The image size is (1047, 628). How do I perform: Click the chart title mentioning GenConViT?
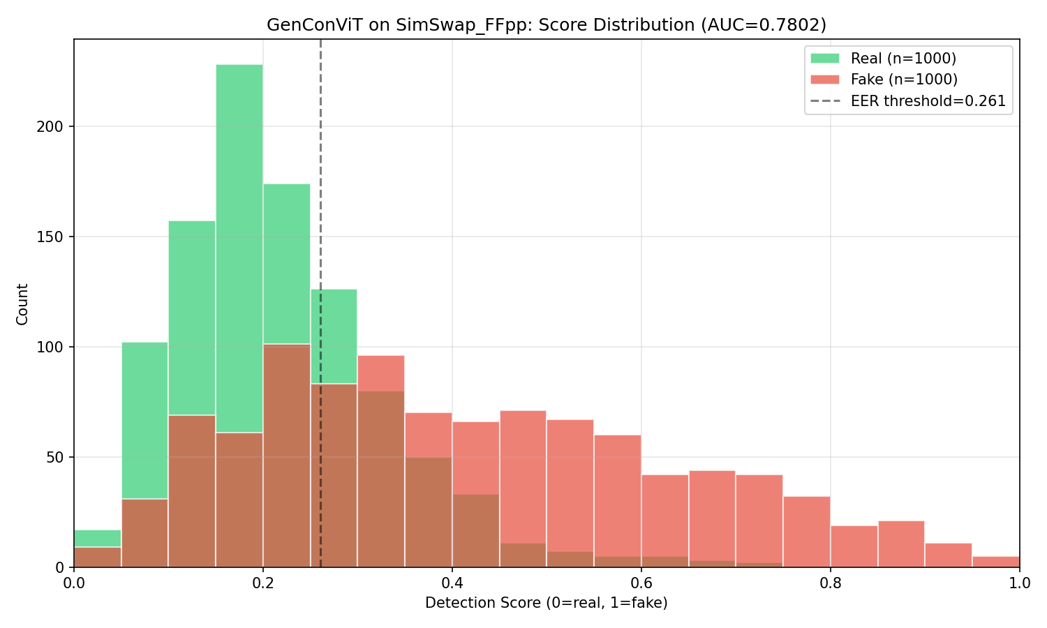[547, 25]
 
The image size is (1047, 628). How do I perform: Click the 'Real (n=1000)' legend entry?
[903, 59]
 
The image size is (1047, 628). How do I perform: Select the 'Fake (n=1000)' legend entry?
[904, 80]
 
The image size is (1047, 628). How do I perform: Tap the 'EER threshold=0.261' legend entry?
[928, 101]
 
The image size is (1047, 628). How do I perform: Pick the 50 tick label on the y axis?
[59, 458]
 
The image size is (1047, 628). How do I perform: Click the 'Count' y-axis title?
[22, 304]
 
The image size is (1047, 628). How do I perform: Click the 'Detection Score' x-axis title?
[547, 603]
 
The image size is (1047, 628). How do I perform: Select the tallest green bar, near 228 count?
[239, 244]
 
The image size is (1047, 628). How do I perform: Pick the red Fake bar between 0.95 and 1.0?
[996, 562]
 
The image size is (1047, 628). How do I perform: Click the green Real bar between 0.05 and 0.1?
[144, 419]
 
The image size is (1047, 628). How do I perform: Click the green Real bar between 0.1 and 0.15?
[192, 317]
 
